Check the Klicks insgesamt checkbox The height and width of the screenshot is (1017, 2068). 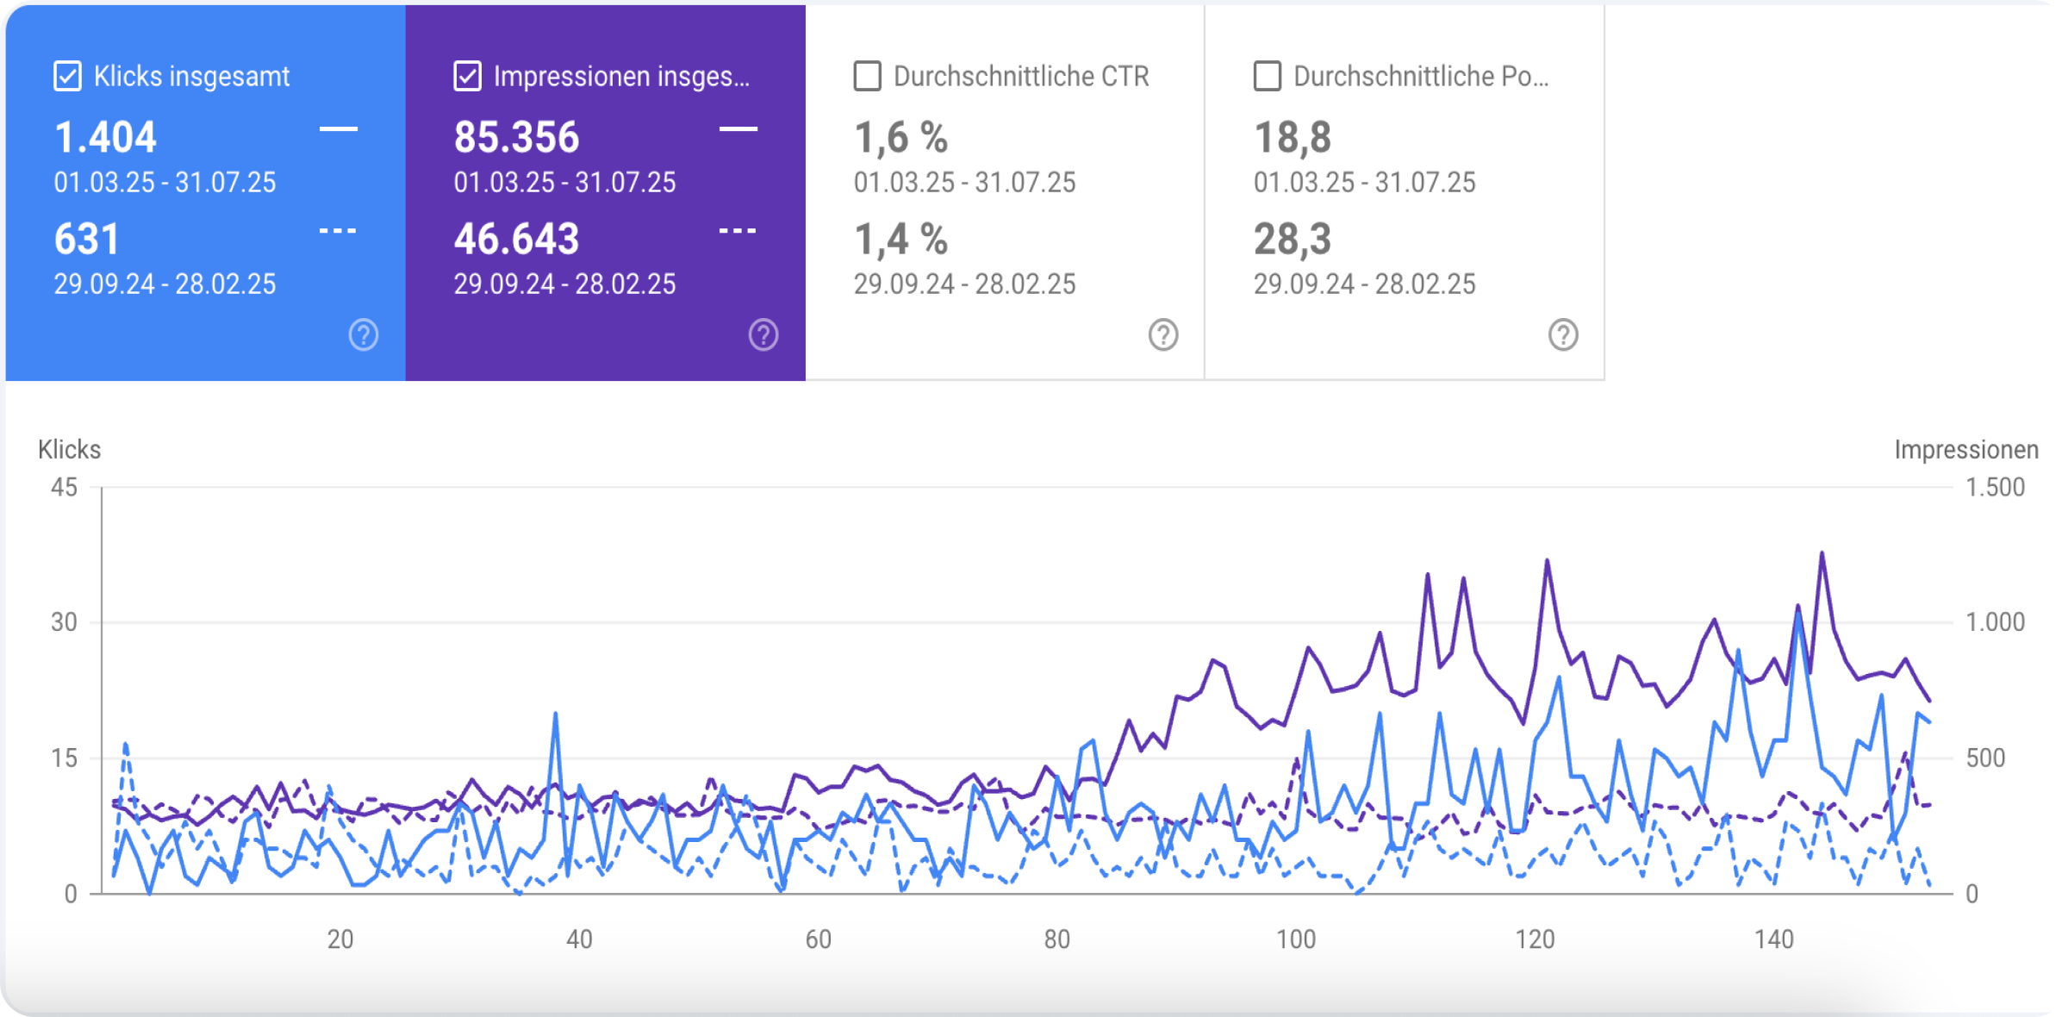[68, 76]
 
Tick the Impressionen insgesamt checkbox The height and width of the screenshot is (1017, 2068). [468, 76]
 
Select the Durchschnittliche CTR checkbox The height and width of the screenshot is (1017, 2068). [868, 76]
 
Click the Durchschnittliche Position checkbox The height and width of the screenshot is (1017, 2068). [1268, 76]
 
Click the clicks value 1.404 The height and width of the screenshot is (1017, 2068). [105, 138]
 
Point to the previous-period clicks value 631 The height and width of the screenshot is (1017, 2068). [86, 240]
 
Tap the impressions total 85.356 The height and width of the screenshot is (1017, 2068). [516, 138]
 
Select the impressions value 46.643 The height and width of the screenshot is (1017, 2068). [516, 240]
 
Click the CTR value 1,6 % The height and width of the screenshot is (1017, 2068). [900, 138]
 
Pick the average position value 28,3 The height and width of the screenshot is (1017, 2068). [1292, 240]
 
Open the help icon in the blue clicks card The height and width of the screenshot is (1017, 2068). [364, 334]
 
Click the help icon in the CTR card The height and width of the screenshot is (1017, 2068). [1163, 334]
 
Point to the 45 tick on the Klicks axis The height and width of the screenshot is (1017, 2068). [64, 488]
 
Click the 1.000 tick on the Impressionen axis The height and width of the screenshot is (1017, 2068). [1995, 622]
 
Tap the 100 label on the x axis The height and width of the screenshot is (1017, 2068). [1296, 939]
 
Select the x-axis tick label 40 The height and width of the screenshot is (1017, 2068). [579, 939]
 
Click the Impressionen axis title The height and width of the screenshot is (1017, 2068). [1965, 450]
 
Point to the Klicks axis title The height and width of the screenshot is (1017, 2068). [70, 450]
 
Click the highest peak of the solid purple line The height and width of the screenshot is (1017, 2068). [1822, 553]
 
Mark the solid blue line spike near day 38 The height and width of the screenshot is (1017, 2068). [556, 714]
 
